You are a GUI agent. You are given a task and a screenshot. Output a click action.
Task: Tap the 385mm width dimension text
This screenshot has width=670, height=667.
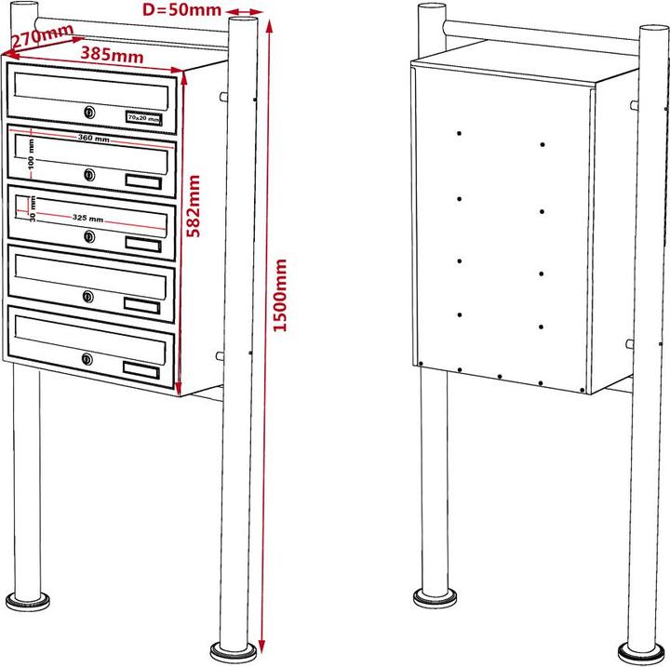(x=112, y=55)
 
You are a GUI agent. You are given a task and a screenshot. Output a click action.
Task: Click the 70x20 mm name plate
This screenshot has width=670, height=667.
(x=144, y=118)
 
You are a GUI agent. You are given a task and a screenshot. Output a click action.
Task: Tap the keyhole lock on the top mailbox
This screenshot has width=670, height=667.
(x=88, y=113)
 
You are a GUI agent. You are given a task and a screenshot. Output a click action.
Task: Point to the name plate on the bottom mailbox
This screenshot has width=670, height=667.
(x=142, y=369)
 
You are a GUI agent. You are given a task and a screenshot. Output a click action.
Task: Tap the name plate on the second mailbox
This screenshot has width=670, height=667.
(x=143, y=180)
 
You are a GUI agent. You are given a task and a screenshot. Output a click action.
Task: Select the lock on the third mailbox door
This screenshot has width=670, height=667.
(x=88, y=236)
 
